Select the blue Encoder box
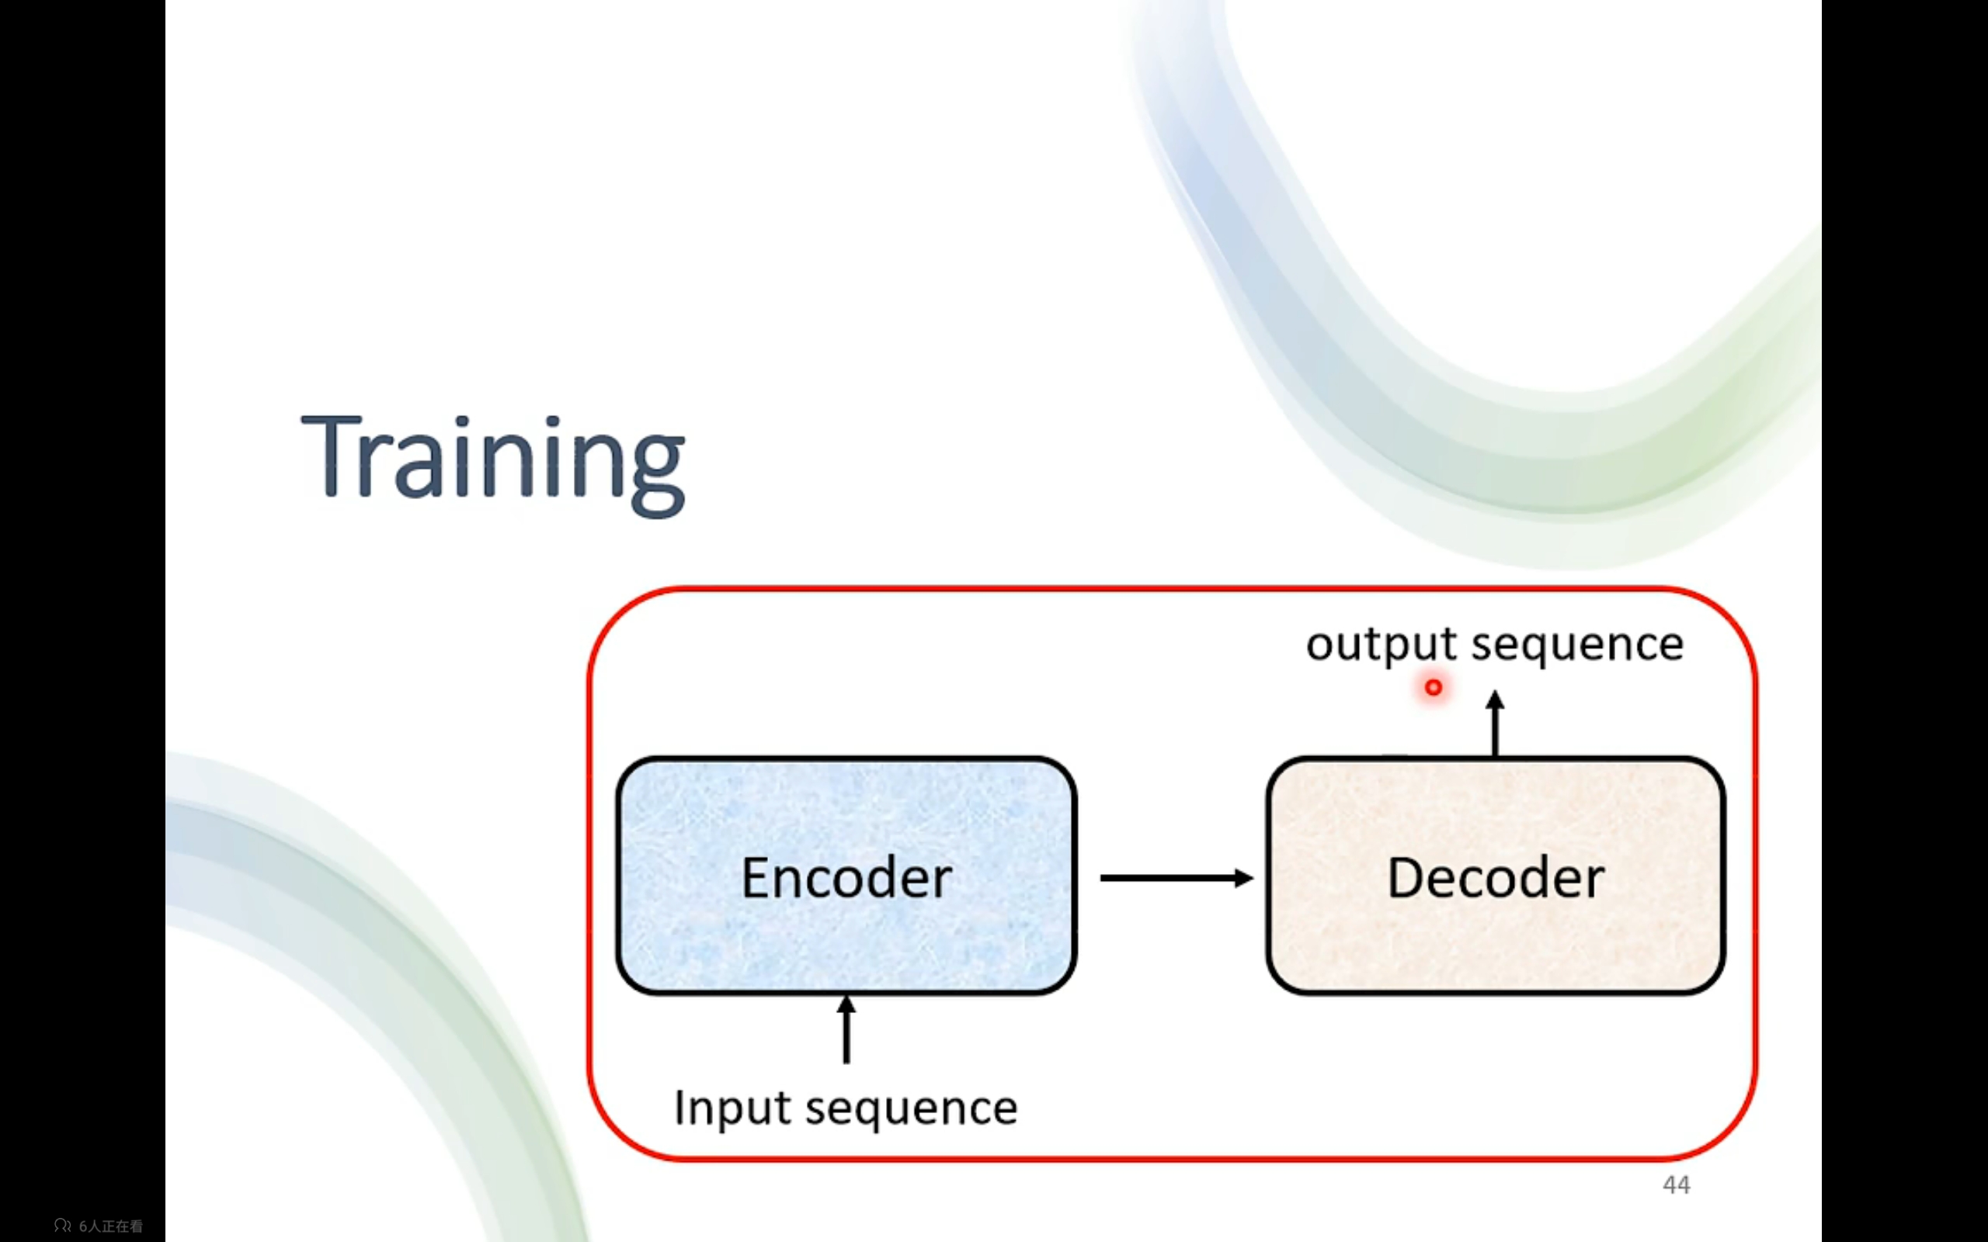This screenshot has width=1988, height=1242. (846, 876)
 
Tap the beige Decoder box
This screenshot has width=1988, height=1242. (1495, 876)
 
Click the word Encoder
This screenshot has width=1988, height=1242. (846, 877)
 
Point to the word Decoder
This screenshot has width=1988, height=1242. (1495, 877)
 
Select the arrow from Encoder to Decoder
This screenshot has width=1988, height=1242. (1176, 878)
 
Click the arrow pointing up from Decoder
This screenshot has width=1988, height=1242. (1495, 723)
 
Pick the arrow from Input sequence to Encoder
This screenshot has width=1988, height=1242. (846, 1029)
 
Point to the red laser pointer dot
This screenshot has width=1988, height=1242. (1434, 688)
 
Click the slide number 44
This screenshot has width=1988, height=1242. (1677, 1185)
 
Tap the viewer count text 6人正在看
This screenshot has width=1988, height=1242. (111, 1226)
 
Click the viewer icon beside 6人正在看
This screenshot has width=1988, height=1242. (62, 1226)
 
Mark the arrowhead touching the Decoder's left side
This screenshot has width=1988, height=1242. (1245, 878)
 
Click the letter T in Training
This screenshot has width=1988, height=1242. (332, 456)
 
